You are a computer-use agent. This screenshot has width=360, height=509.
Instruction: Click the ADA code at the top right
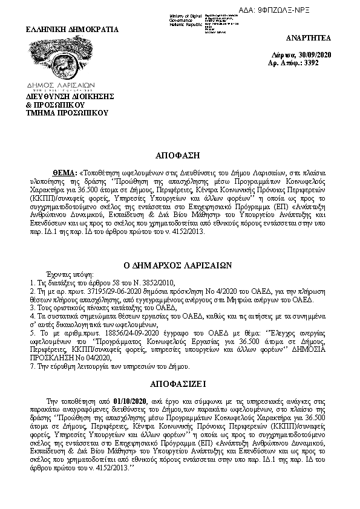point(320,11)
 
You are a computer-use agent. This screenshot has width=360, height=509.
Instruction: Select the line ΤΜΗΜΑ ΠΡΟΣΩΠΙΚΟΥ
point(66,112)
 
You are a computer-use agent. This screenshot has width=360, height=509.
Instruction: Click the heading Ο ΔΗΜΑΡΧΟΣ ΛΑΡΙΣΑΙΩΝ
point(180,265)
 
